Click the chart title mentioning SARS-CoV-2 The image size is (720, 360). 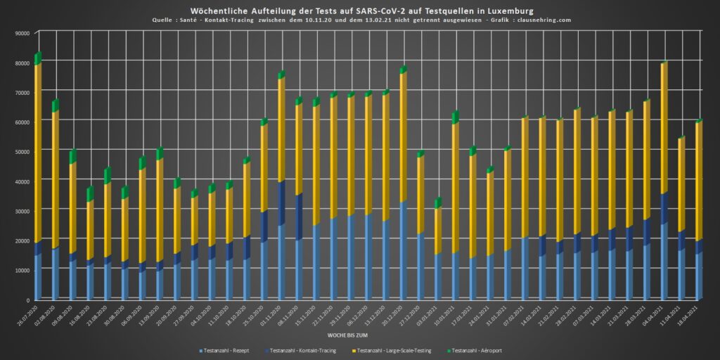click(x=359, y=11)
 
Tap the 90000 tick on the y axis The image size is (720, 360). click(x=21, y=33)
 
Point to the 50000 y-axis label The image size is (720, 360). click(x=21, y=152)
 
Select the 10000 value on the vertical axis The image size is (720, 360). click(x=21, y=271)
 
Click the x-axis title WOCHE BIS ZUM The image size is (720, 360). click(x=360, y=337)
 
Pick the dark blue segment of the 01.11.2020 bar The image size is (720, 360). click(x=281, y=204)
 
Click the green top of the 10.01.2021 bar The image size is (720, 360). click(x=455, y=117)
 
